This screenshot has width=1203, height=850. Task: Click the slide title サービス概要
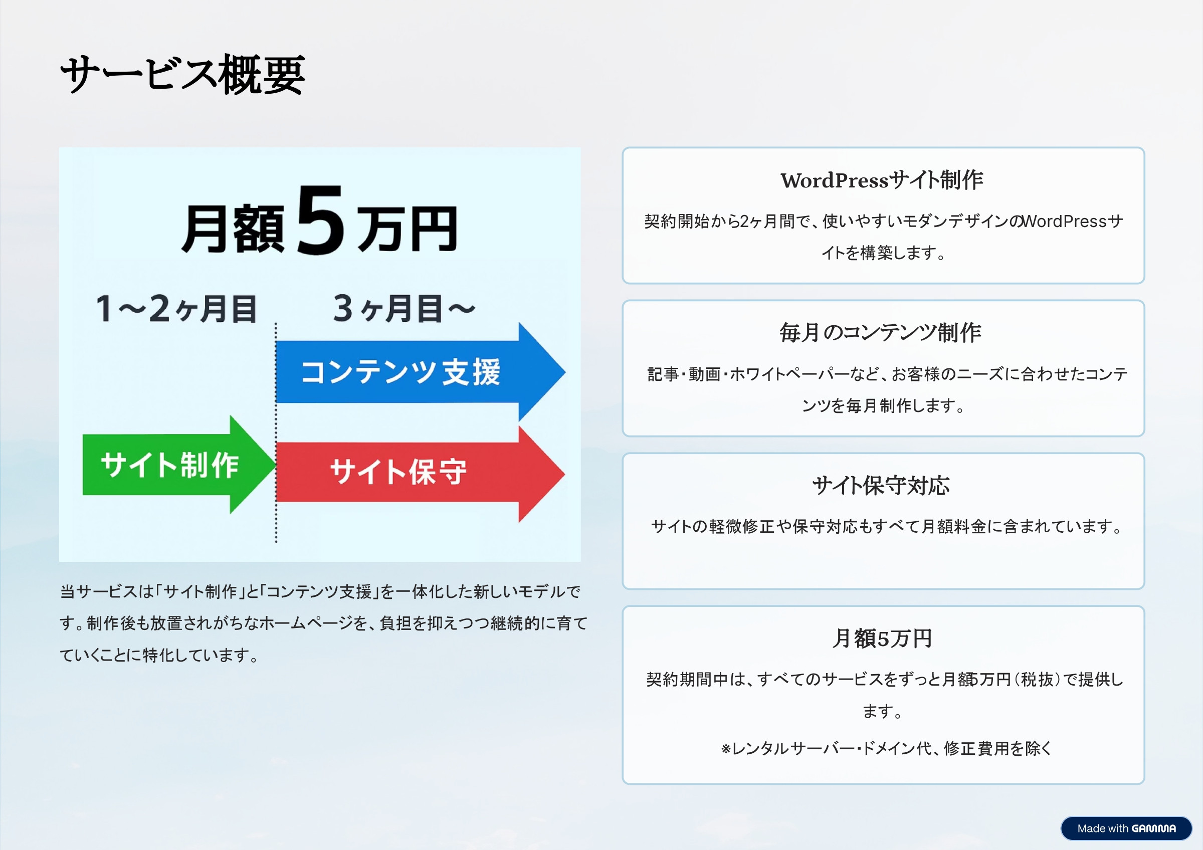(182, 75)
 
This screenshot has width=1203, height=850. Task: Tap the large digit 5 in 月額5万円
(321, 221)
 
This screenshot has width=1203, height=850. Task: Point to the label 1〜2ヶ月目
(176, 309)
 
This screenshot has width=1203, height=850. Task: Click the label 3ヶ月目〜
(404, 309)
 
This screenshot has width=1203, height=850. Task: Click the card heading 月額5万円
(882, 639)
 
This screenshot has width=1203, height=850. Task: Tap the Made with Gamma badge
(1126, 828)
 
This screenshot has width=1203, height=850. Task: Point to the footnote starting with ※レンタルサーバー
(886, 748)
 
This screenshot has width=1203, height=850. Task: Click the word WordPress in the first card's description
(1064, 222)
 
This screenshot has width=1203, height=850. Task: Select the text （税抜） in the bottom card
(1038, 680)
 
